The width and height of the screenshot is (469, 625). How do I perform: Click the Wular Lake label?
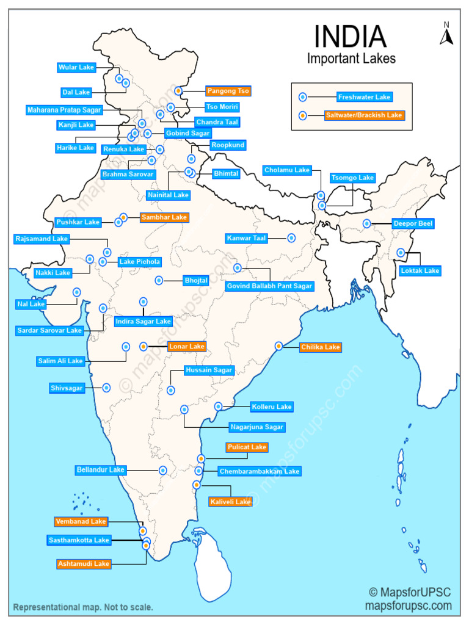[76, 67]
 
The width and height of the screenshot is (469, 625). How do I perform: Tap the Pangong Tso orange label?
[228, 91]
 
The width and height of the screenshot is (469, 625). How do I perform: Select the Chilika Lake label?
[320, 347]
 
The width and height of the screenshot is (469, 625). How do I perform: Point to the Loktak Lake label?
[420, 270]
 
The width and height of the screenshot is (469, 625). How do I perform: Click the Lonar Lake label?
[187, 346]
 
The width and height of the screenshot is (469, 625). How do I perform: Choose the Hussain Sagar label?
[209, 370]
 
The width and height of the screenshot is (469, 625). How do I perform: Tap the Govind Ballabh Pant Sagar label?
[269, 286]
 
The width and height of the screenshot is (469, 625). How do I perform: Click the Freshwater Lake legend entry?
[364, 97]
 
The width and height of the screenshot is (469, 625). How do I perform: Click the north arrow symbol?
[446, 35]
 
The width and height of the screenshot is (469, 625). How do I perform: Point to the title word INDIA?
[350, 37]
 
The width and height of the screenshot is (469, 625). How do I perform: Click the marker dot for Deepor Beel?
[366, 223]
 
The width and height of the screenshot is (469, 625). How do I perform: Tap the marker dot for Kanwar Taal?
[291, 237]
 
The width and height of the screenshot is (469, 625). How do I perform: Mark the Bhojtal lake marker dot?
[159, 280]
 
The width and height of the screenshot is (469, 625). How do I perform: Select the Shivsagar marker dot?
[107, 388]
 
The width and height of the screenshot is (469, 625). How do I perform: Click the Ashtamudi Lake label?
[84, 564]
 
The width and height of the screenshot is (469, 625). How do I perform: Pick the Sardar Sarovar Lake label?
[49, 330]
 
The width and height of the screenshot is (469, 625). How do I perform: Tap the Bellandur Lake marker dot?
[163, 470]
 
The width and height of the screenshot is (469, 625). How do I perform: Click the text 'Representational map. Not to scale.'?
[83, 607]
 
